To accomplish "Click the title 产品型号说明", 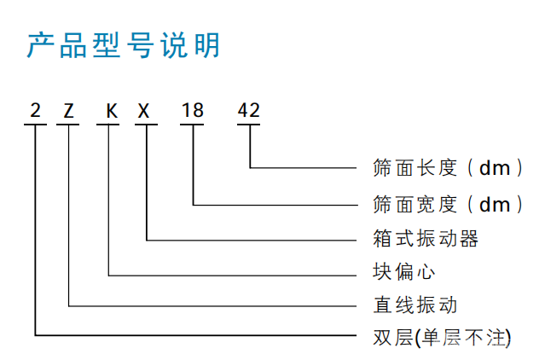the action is [x=124, y=45].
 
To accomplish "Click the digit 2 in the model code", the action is [x=36, y=111].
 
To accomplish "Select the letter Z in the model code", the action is [x=68, y=111].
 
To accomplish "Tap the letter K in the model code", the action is [x=112, y=111].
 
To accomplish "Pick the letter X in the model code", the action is [x=143, y=111].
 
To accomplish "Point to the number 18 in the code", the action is [x=193, y=111].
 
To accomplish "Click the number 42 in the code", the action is [x=248, y=111].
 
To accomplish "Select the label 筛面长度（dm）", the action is [x=448, y=168].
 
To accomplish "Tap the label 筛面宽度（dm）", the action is [x=448, y=205].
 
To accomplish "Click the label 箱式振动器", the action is [x=426, y=239].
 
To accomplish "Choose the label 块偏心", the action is [x=404, y=271].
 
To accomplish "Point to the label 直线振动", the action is [x=415, y=305].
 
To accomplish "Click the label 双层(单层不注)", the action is [x=442, y=338].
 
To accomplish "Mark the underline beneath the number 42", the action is [x=248, y=124].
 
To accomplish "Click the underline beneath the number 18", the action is [x=192, y=124].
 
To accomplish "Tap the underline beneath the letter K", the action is [x=108, y=124].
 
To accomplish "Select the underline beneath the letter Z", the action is [x=67, y=124].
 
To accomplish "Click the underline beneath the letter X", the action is [x=147, y=124].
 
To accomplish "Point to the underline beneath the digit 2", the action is [x=35, y=124].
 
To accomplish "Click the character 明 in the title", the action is [x=207, y=45].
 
